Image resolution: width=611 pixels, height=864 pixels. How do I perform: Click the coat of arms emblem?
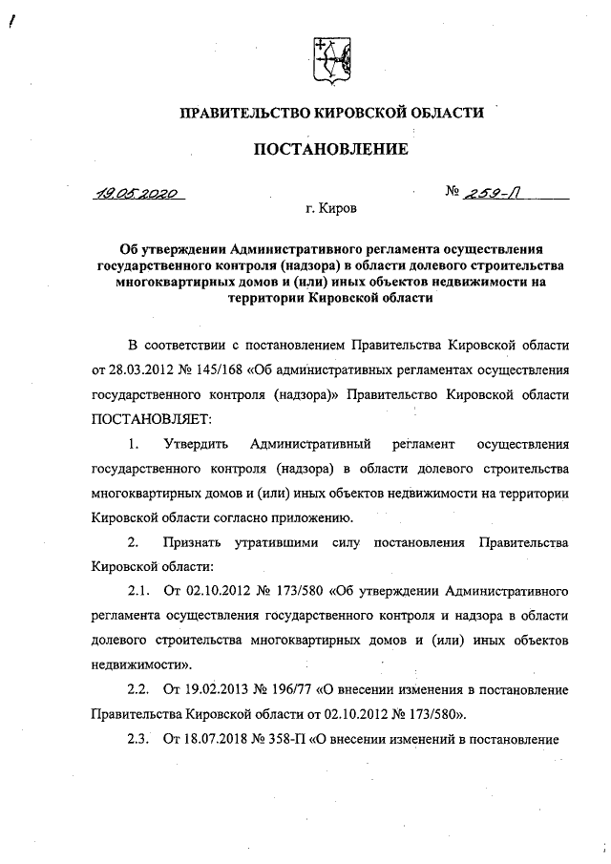[329, 58]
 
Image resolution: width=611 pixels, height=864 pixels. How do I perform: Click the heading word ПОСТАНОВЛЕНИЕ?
[329, 148]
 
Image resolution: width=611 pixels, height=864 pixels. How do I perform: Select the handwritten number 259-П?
[501, 193]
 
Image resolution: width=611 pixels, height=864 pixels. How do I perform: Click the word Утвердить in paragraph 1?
[195, 444]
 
